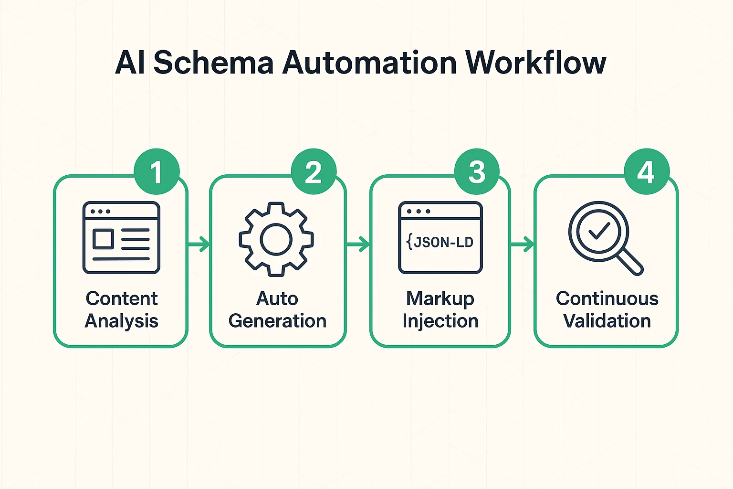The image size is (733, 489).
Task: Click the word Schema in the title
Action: tap(213, 63)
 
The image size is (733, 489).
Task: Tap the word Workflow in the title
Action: tap(535, 63)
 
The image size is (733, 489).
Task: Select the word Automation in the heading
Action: tap(369, 63)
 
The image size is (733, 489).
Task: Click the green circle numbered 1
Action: tap(157, 172)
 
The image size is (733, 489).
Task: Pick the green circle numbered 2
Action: tap(314, 172)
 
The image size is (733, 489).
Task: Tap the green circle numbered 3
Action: tap(477, 172)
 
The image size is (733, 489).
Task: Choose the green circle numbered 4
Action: tap(647, 172)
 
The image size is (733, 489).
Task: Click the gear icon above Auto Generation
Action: tap(276, 239)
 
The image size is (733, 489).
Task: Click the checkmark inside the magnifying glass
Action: tap(598, 231)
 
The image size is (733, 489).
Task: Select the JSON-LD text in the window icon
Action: tap(440, 243)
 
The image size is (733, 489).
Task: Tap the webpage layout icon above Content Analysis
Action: tap(121, 238)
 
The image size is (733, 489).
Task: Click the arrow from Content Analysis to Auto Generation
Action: tap(199, 244)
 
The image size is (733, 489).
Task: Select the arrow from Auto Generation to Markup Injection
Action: tap(358, 244)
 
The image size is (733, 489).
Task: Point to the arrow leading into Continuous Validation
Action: tap(523, 244)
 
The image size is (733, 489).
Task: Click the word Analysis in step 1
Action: tap(121, 321)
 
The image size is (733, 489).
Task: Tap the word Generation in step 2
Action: tap(277, 321)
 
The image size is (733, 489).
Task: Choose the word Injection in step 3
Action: tap(440, 321)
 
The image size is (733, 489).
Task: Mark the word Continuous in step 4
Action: tap(607, 298)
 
